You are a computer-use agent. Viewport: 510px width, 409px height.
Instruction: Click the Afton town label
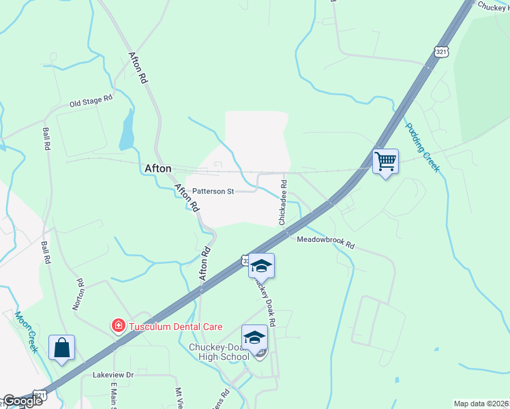(x=158, y=168)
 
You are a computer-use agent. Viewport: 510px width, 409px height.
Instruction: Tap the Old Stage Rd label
(x=91, y=102)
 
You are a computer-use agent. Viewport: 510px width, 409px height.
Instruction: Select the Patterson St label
(x=213, y=192)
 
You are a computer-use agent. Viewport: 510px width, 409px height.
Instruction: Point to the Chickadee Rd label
(x=282, y=202)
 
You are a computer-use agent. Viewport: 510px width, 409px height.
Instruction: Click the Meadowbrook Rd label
(x=326, y=241)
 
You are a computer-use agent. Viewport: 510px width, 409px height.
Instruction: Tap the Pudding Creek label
(x=423, y=147)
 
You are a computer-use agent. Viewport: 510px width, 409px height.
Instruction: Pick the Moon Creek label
(x=26, y=331)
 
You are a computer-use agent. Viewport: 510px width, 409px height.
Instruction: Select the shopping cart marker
(x=385, y=162)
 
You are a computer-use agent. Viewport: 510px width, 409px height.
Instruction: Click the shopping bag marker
(x=61, y=348)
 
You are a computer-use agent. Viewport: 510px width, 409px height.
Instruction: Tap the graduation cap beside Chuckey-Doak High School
(x=254, y=338)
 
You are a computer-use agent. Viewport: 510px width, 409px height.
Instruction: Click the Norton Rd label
(x=78, y=294)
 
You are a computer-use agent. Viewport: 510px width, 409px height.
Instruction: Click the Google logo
(x=22, y=401)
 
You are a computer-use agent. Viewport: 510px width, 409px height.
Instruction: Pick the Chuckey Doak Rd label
(x=265, y=300)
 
